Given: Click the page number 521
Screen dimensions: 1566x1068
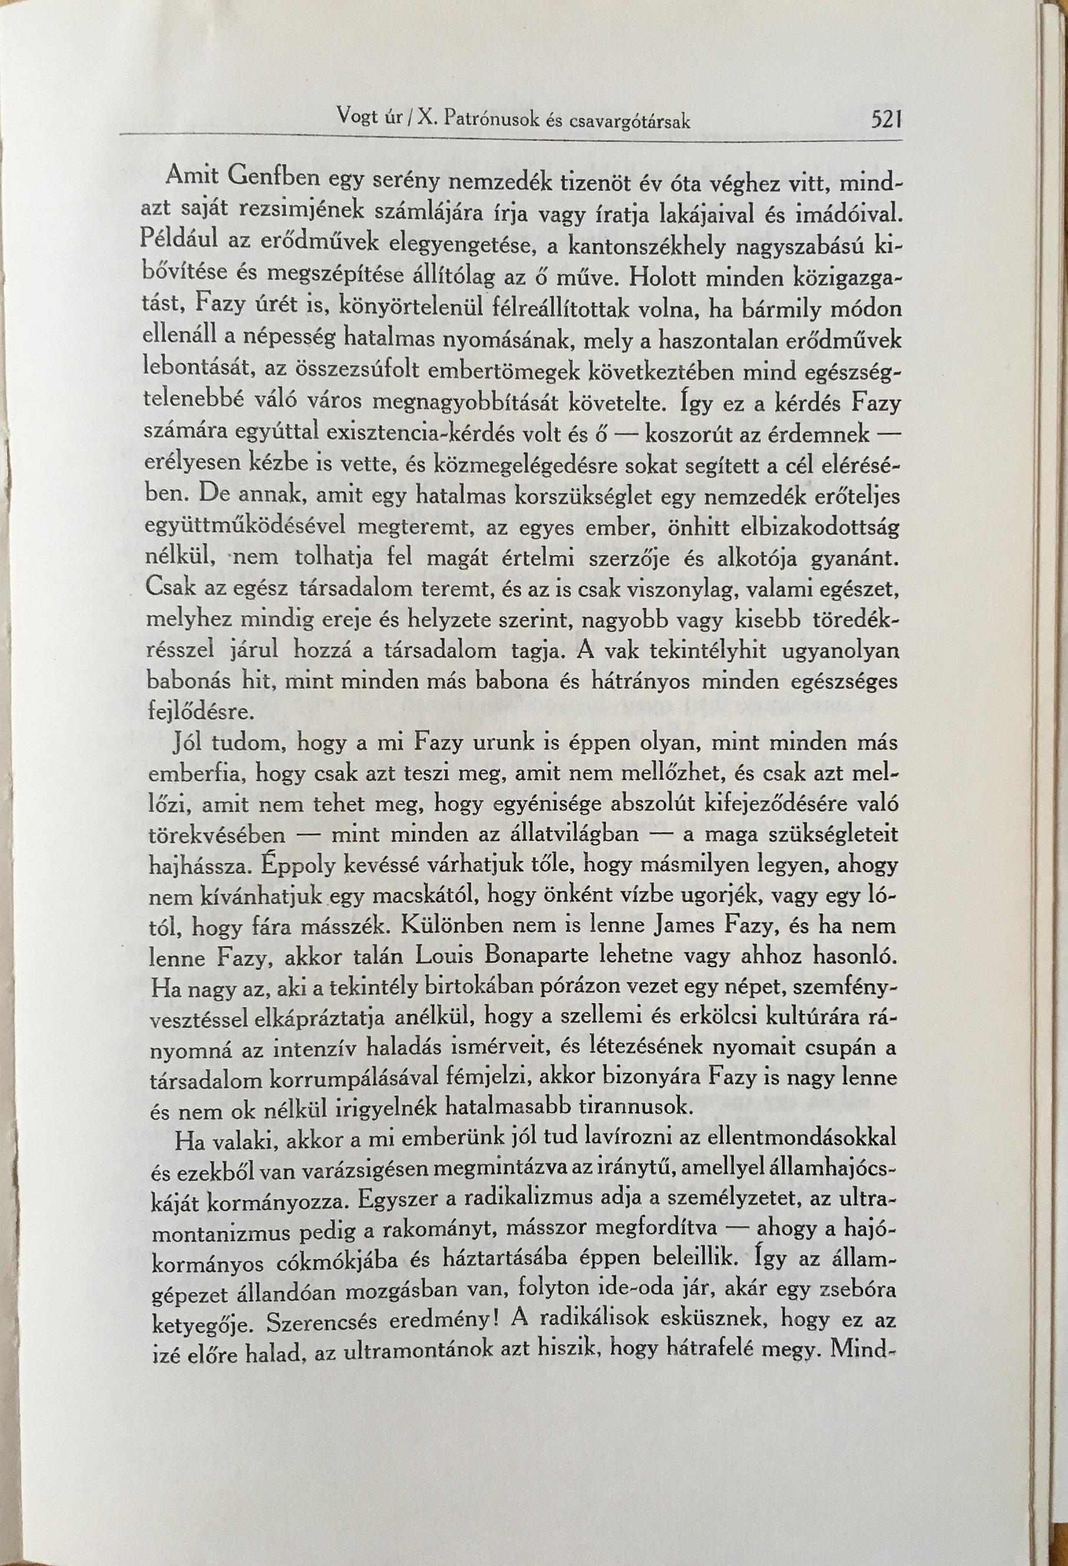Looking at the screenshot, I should [886, 120].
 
